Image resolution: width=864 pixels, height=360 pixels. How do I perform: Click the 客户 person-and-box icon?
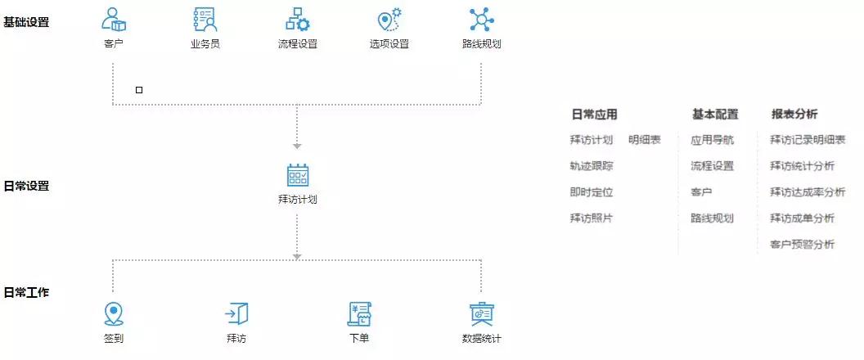tap(114, 20)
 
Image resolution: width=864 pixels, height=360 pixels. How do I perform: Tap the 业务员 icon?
tap(205, 20)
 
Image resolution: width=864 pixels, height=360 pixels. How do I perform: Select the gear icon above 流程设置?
tap(298, 20)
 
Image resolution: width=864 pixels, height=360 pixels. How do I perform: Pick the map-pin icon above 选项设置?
tap(389, 20)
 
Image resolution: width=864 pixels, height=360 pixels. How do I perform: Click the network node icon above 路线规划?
tap(482, 20)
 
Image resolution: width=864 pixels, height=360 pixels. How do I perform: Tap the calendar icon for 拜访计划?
tap(298, 175)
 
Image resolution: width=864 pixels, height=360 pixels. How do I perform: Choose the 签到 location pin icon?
tap(114, 314)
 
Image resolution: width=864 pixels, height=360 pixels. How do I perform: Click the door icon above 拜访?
tap(236, 314)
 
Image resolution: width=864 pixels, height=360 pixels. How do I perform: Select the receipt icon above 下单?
tap(359, 314)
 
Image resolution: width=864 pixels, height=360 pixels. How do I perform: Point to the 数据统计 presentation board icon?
tap(482, 314)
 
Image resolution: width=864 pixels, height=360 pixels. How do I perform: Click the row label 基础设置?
tap(26, 23)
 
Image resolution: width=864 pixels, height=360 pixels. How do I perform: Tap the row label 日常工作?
tap(26, 292)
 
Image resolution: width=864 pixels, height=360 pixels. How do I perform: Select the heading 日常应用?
tap(594, 115)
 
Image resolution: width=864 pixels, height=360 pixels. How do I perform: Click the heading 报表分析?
tap(794, 115)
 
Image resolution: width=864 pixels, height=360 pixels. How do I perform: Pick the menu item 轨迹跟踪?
tap(592, 166)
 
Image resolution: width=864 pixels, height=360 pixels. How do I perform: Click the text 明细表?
tap(645, 140)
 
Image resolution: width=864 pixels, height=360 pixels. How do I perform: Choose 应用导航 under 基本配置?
tap(712, 140)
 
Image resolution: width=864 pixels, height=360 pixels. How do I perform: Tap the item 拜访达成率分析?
tap(808, 192)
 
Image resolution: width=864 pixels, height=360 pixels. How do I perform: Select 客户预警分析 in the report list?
tap(803, 244)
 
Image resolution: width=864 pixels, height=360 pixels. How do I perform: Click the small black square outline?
tap(139, 90)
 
